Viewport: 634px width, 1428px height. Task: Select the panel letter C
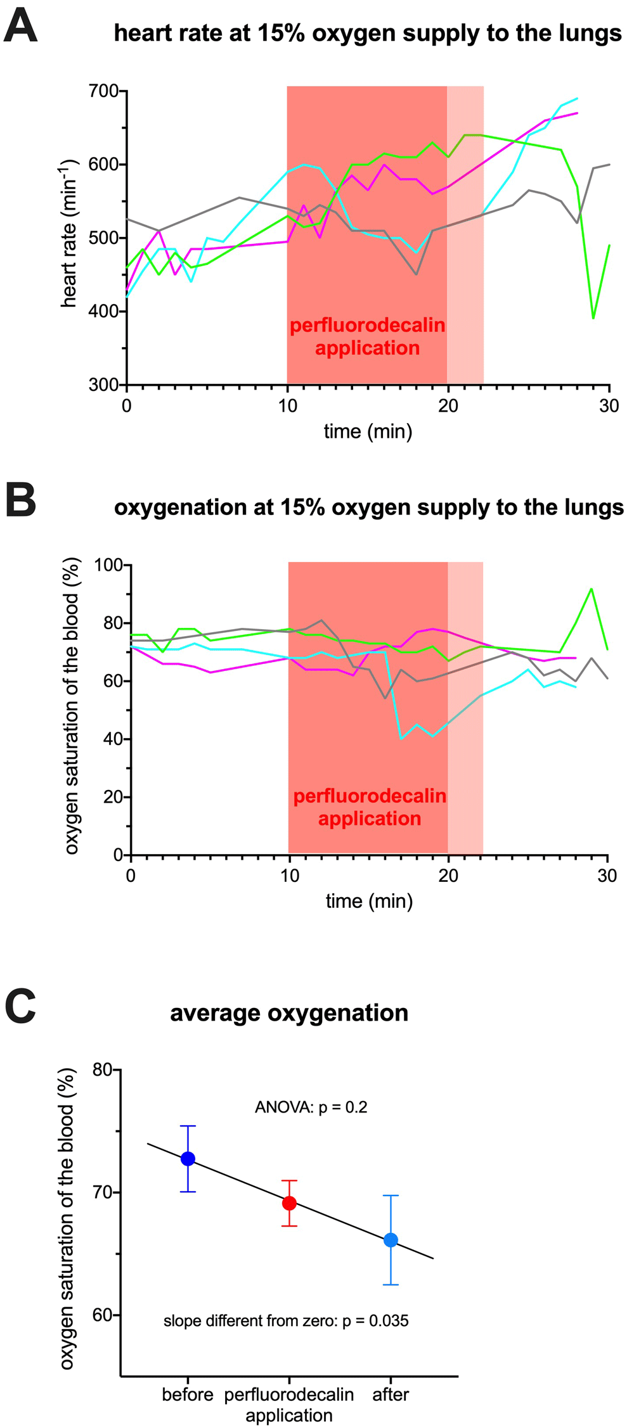20,1007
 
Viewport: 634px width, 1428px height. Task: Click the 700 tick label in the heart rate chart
104,91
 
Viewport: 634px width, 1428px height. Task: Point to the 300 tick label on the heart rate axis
104,385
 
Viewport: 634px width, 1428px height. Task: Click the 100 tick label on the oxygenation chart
109,564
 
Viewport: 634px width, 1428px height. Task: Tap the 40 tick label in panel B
114,739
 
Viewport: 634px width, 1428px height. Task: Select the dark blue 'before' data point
188,1159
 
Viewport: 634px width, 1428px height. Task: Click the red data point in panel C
289,1203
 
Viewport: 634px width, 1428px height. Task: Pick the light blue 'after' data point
391,1240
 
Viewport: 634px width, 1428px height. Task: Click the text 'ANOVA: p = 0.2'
311,1107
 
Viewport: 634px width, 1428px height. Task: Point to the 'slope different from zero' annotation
286,1321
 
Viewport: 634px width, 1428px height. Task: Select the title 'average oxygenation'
289,1013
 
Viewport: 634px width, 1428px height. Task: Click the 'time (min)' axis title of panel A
368,431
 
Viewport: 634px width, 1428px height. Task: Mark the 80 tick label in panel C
103,1069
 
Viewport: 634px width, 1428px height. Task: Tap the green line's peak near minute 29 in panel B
592,589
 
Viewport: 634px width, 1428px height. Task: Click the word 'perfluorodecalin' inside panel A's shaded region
368,326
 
